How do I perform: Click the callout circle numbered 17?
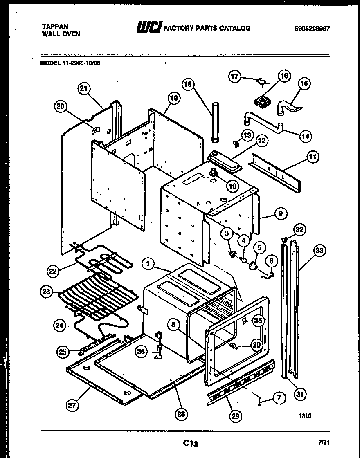tap(235, 76)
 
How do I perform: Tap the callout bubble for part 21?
tap(85, 89)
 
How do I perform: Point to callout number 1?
tap(149, 265)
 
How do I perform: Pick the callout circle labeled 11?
tap(313, 156)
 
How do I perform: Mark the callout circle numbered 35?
tap(258, 321)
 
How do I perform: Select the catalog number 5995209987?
tap(312, 29)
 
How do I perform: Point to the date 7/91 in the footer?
tap(323, 442)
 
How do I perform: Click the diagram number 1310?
tap(305, 416)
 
